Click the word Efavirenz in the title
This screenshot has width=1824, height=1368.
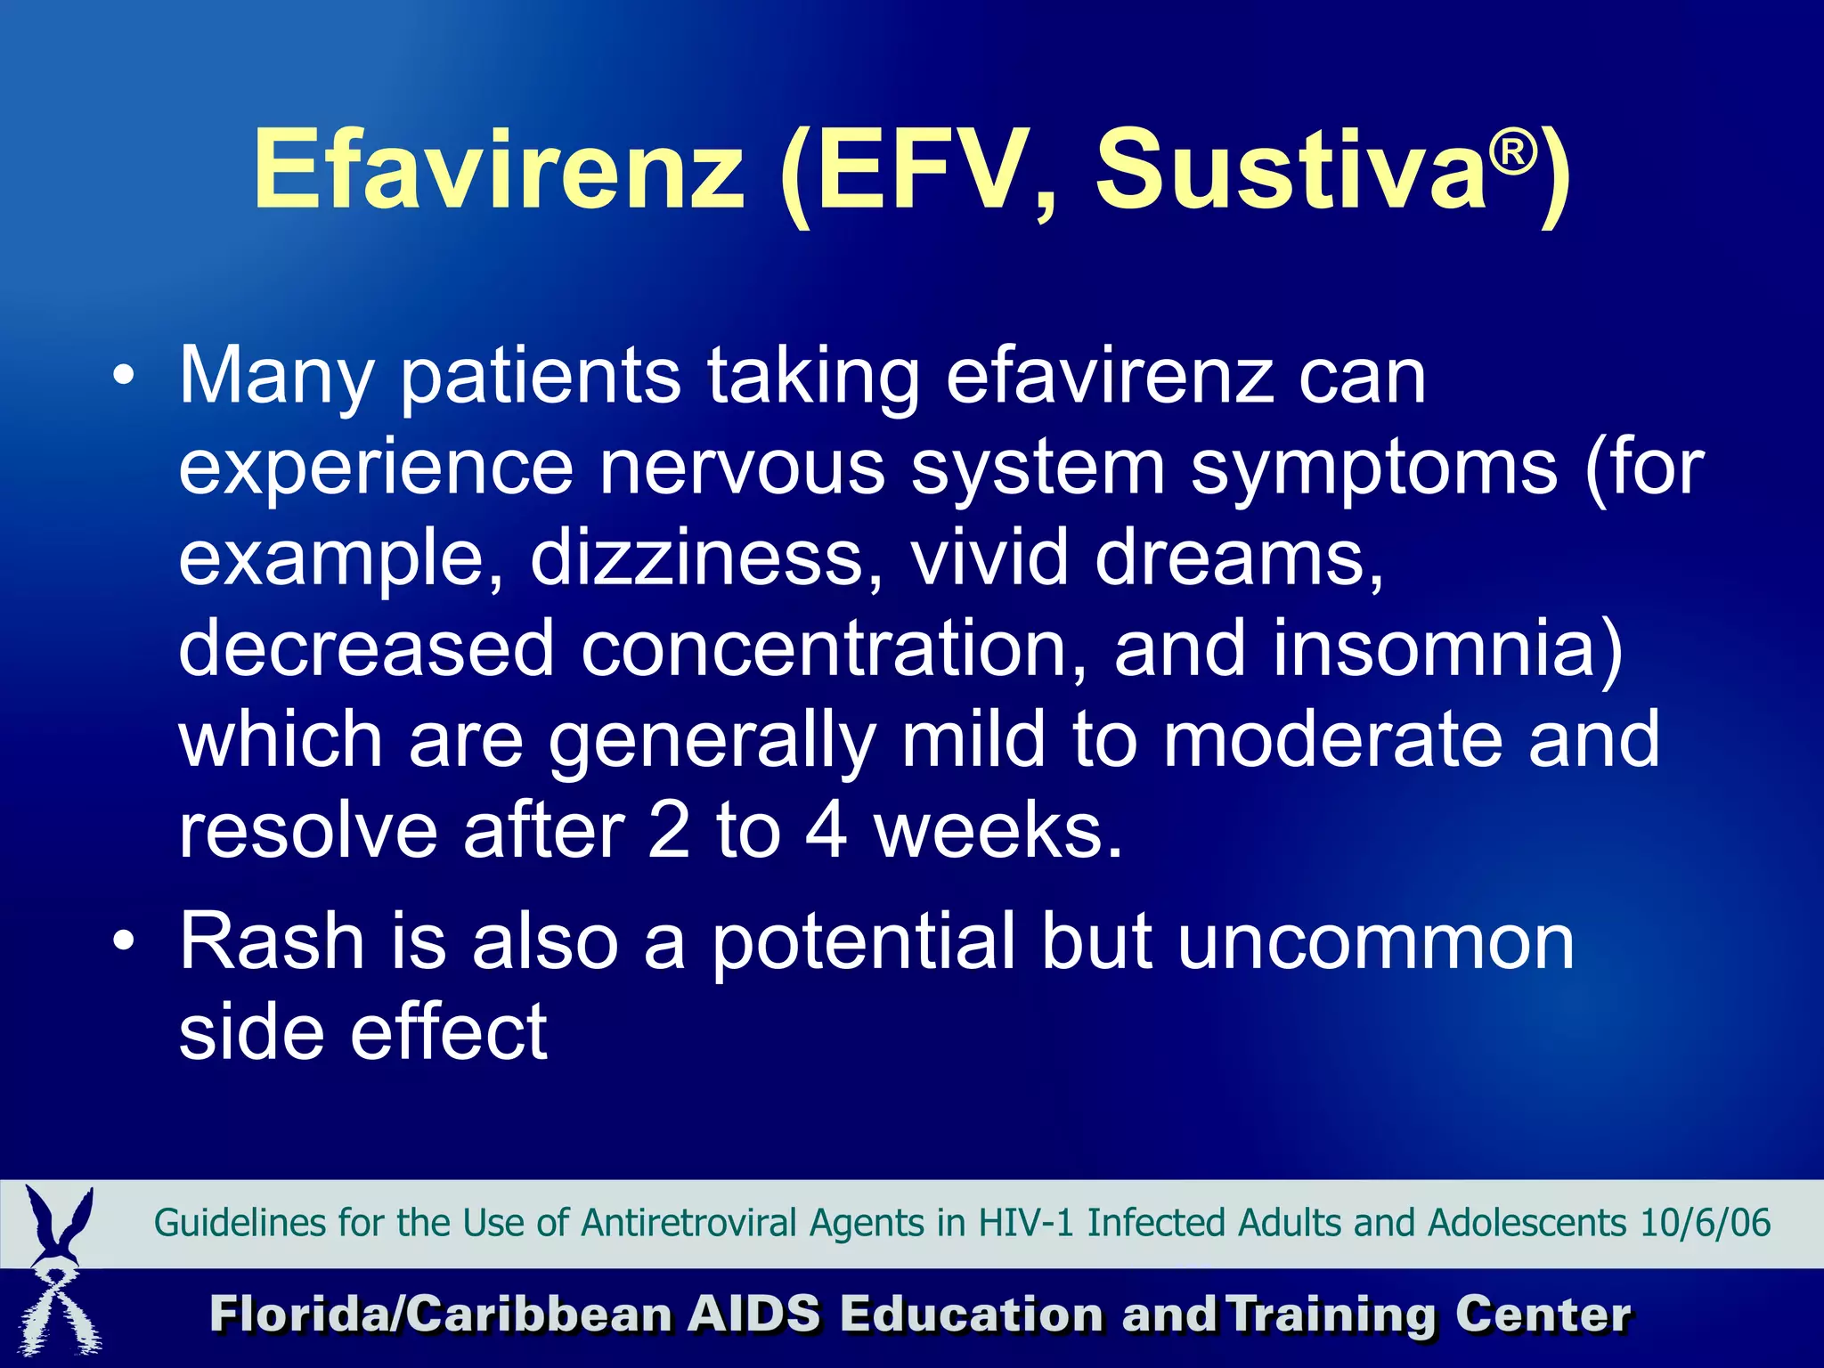[499, 169]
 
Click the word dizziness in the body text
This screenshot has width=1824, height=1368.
[696, 558]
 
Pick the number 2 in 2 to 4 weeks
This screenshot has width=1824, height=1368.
[669, 831]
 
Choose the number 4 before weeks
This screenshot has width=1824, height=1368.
[826, 831]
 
